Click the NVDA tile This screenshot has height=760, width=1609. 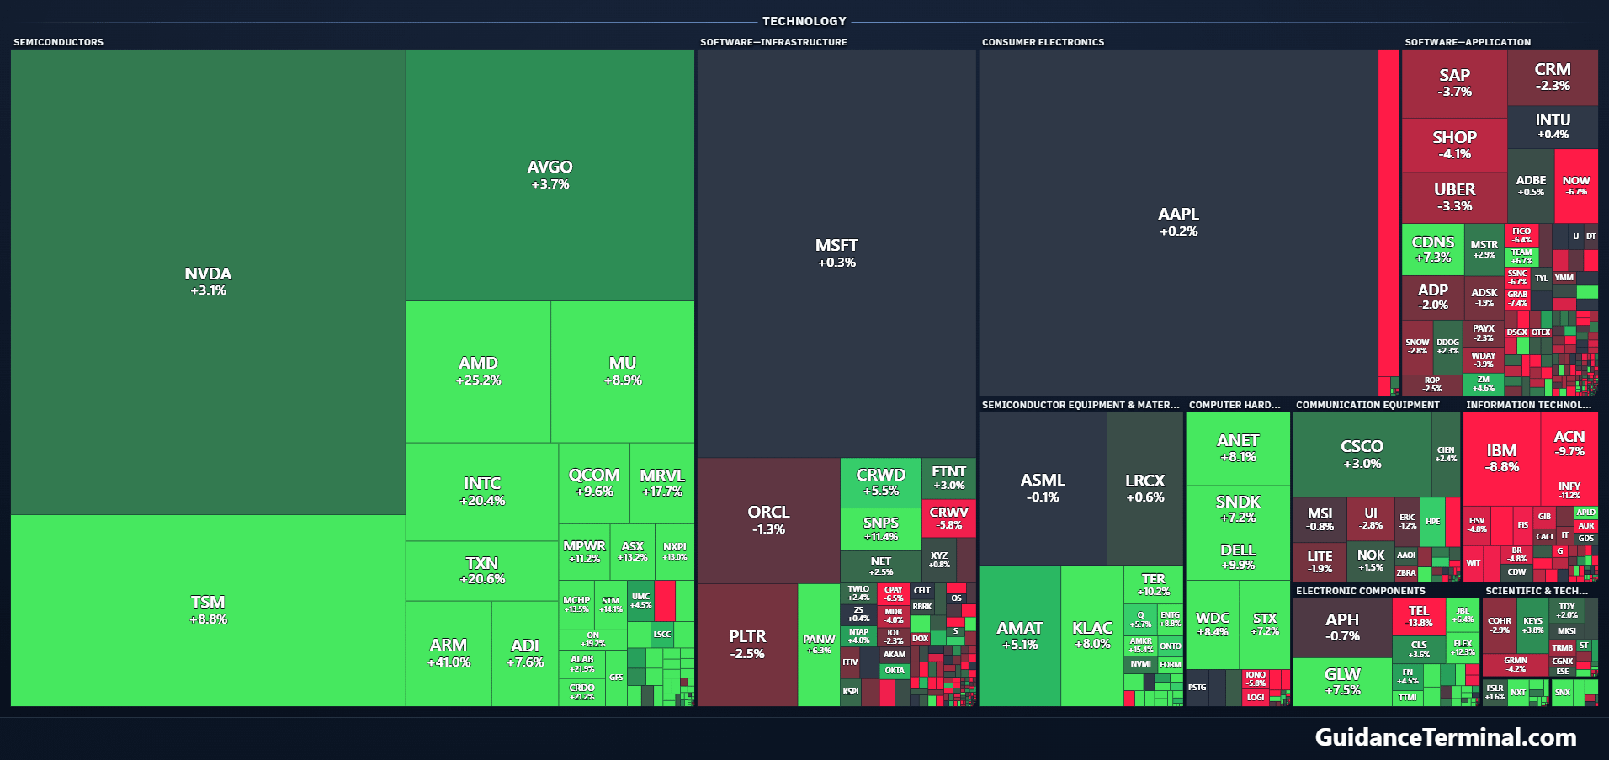[208, 281]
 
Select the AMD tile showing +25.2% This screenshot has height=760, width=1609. [478, 371]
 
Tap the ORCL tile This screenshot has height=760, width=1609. [768, 519]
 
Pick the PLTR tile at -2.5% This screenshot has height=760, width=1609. [747, 644]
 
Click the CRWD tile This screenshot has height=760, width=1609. [880, 481]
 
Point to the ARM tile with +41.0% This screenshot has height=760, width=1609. [449, 652]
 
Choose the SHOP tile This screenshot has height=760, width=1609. [1454, 144]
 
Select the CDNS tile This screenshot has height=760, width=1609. [1433, 249]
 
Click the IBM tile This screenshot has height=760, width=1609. [1501, 458]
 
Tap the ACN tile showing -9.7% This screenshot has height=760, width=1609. [1569, 444]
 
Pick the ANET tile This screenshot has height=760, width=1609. [1238, 448]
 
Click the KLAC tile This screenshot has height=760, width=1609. [1092, 635]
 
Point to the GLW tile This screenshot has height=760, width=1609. [1342, 682]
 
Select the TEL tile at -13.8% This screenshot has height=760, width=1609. [1419, 617]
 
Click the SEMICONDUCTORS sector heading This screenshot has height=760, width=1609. [59, 42]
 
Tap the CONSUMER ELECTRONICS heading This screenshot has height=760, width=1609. [1043, 42]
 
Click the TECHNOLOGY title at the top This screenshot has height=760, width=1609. [804, 21]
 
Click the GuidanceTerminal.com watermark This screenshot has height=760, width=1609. [1446, 737]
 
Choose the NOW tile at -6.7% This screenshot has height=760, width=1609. [1576, 185]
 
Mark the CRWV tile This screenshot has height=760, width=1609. [948, 518]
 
